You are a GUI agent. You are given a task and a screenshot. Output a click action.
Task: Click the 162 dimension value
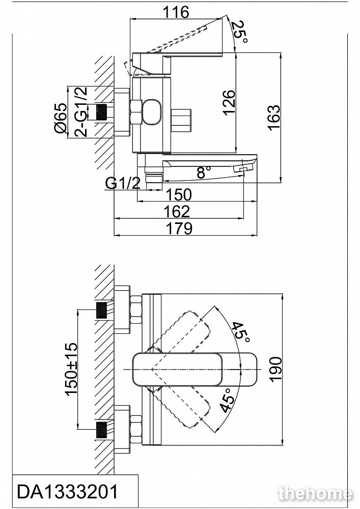coord(177,211)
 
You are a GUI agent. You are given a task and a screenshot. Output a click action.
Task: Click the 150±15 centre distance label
coord(70,369)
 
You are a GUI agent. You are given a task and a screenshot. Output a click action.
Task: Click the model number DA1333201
coord(68,492)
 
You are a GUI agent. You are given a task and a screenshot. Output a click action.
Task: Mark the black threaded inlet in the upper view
coord(104,112)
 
